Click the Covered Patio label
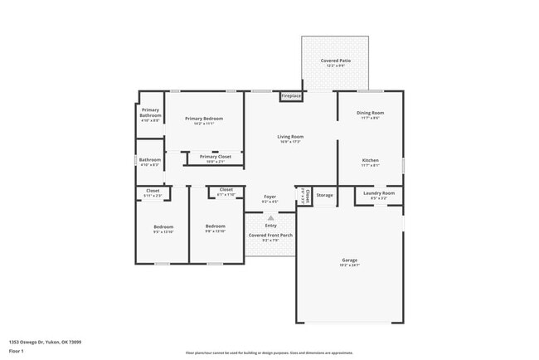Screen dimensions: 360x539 pos(336,61)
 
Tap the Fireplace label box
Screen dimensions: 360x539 pos(291,96)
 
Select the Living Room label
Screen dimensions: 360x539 pos(290,136)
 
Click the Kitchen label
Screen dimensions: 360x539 pos(370,159)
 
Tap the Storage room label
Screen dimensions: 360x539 pos(325,196)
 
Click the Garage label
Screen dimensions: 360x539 pos(349,260)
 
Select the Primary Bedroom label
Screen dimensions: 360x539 pos(203,119)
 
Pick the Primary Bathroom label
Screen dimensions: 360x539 pos(150,112)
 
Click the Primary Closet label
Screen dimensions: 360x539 pos(216,156)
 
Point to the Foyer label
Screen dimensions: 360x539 pos(270,196)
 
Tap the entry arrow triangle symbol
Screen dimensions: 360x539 pos(270,217)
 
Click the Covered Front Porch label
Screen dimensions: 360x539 pos(270,236)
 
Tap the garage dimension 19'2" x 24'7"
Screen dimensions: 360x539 pos(349,265)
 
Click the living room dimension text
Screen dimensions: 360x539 pos(290,142)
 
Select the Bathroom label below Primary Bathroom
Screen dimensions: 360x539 pos(150,159)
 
